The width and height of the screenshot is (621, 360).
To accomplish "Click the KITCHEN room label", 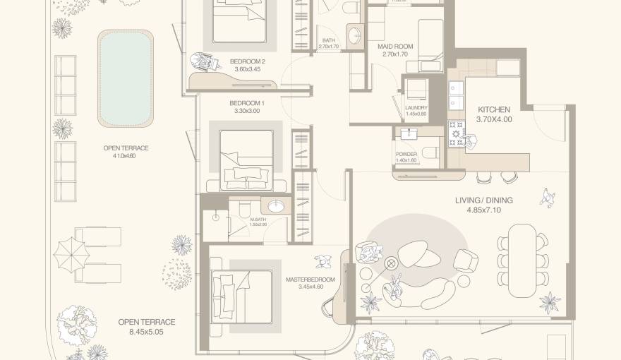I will pyautogui.click(x=493, y=109).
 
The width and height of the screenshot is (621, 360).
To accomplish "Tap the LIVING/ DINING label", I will pyautogui.click(x=483, y=200).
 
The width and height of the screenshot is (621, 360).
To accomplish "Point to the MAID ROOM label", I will pyautogui.click(x=395, y=47).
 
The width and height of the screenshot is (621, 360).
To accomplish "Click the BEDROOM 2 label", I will pyautogui.click(x=247, y=61).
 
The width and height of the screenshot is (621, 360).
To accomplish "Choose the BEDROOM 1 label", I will pyautogui.click(x=247, y=104).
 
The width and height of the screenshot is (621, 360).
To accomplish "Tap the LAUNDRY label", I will pyautogui.click(x=416, y=108).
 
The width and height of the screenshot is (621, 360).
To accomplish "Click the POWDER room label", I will pyautogui.click(x=406, y=154).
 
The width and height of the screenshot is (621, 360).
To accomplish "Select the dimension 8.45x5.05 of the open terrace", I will pyautogui.click(x=147, y=332).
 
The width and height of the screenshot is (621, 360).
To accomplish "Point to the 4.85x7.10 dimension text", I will pyautogui.click(x=483, y=210).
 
